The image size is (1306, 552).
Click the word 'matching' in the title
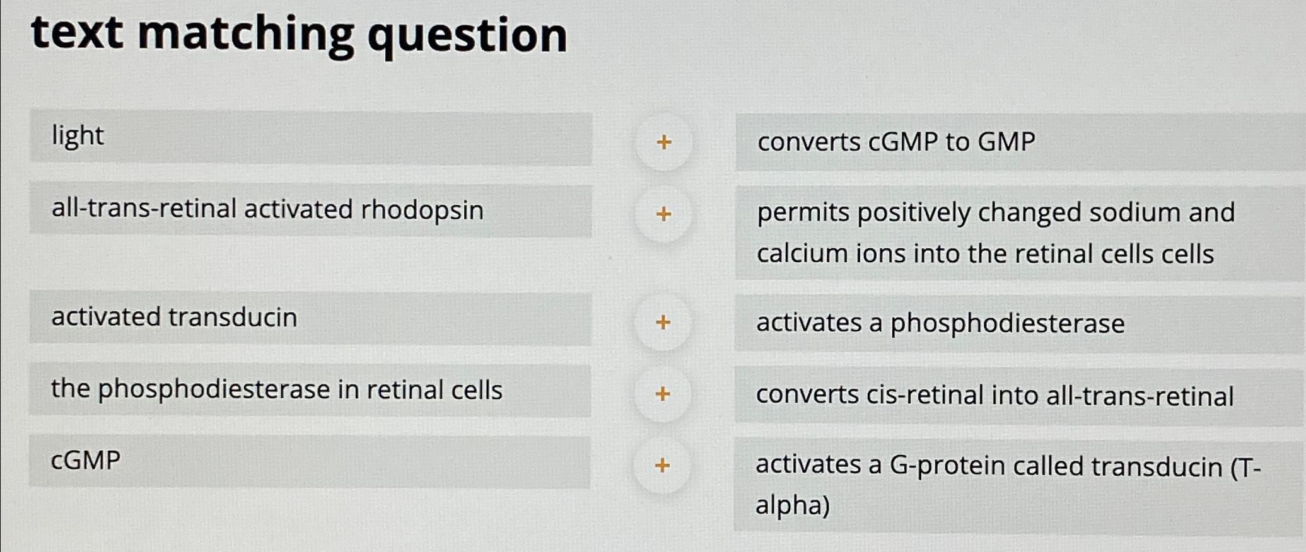tap(245, 35)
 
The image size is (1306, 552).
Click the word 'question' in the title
tap(467, 36)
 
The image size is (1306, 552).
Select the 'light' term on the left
tap(78, 136)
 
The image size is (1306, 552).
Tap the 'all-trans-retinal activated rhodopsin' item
tap(267, 209)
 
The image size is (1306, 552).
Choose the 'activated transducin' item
tap(174, 317)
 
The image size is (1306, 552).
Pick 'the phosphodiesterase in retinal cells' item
tap(276, 389)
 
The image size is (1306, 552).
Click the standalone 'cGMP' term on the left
tap(86, 461)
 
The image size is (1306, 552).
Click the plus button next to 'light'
tap(663, 142)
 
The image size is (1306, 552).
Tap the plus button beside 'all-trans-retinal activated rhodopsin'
tap(663, 214)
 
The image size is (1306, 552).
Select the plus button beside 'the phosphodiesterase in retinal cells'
tap(662, 394)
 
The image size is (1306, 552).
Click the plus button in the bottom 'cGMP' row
tap(662, 466)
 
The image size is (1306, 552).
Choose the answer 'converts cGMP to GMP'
tap(896, 142)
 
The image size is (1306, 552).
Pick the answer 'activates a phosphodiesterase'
tap(940, 323)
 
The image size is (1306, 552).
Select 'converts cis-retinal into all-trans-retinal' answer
tap(994, 396)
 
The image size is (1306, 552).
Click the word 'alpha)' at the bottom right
tap(793, 505)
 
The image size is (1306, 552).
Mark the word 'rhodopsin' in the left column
tap(422, 210)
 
